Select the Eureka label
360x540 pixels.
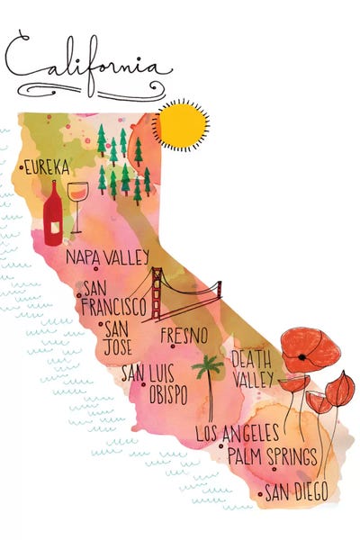(x=48, y=167)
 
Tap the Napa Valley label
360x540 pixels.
(x=106, y=256)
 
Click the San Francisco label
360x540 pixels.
(x=112, y=296)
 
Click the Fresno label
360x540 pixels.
(x=184, y=335)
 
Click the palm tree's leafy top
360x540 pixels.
(x=210, y=365)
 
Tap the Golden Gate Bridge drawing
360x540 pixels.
(x=184, y=292)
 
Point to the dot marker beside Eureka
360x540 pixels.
(x=20, y=167)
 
